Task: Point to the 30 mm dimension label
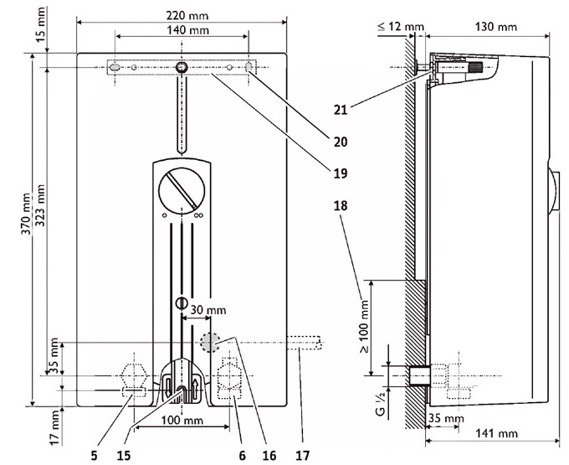coord(208,310)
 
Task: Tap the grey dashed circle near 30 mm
coord(209,342)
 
